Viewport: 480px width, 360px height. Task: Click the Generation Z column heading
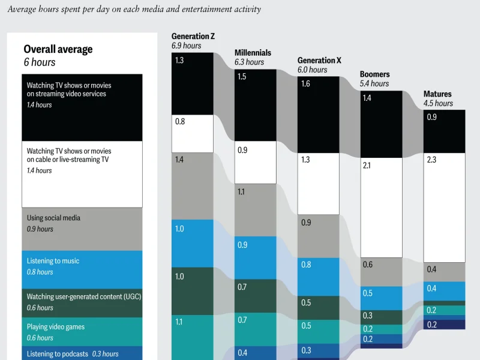(x=193, y=36)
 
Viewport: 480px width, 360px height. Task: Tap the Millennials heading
(x=253, y=53)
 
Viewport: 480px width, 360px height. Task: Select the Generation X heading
(x=319, y=60)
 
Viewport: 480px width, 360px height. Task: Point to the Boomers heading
(x=374, y=74)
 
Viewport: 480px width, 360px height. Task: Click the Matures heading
(x=437, y=94)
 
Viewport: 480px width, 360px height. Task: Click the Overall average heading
(x=58, y=49)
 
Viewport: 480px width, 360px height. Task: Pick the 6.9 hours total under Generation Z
(x=186, y=46)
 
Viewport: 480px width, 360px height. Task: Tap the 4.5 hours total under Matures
(x=438, y=103)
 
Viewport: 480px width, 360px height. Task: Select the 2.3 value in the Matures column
(x=431, y=160)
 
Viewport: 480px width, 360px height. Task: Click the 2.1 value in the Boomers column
(x=367, y=165)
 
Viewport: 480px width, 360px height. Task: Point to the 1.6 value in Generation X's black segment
(x=305, y=83)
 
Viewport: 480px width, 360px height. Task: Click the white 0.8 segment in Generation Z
(x=193, y=133)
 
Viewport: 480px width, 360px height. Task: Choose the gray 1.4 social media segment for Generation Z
(x=193, y=186)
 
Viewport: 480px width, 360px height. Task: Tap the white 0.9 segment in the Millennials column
(x=255, y=162)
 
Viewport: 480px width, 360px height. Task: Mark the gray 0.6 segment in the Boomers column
(x=381, y=272)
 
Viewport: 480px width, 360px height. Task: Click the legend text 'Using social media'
(x=53, y=218)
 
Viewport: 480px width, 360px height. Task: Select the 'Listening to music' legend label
(x=53, y=261)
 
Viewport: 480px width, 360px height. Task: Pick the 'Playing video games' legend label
(x=56, y=327)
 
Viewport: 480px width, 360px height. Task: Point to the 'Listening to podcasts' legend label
(x=57, y=354)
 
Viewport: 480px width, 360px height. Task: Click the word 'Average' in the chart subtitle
(x=21, y=10)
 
